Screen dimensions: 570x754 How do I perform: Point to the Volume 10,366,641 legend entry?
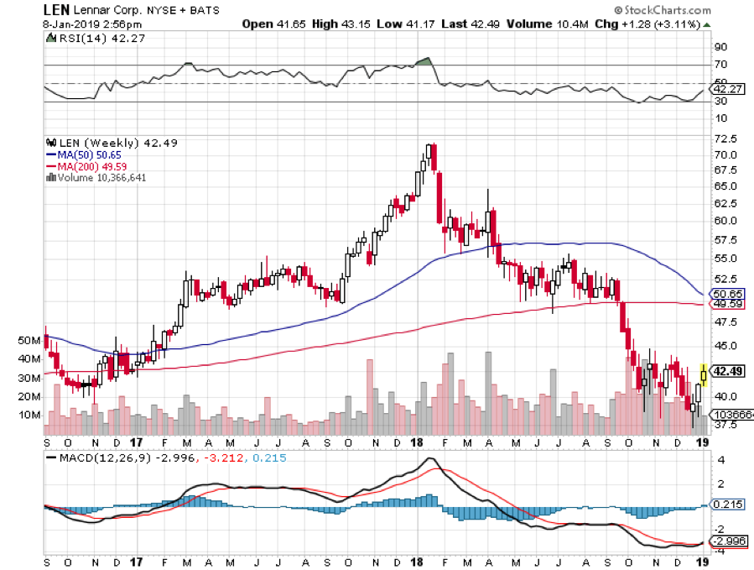100,176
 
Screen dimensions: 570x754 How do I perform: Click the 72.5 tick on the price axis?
725,139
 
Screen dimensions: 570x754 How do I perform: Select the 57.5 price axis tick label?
725,239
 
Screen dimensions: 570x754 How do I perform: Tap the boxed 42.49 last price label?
725,370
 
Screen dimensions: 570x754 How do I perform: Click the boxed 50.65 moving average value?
725,295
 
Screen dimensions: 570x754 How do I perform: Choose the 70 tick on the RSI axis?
720,65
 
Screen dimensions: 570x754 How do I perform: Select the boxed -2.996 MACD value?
727,541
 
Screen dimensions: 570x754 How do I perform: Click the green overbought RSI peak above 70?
424,61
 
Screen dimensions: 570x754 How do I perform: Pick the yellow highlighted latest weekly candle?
703,373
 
